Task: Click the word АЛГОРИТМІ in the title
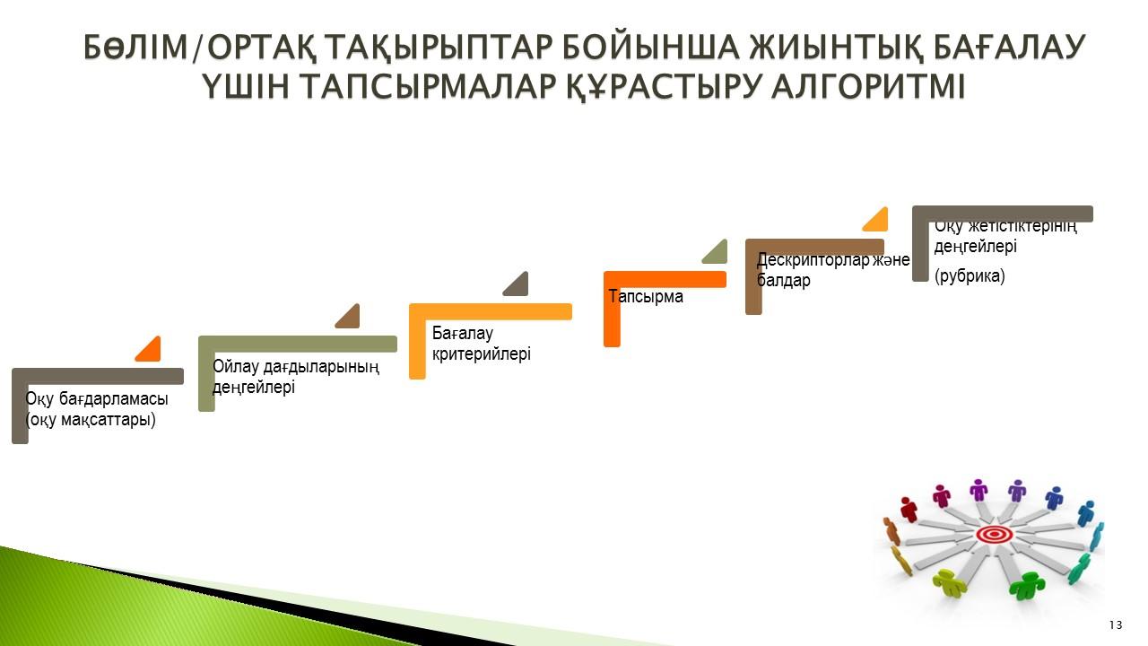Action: pos(868,85)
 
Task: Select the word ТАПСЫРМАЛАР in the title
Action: pos(429,85)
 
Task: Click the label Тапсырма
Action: pos(646,296)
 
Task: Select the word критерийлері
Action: pos(482,354)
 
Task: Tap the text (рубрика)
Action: pos(970,275)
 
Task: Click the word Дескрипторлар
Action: pos(813,260)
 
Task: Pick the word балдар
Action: pos(784,281)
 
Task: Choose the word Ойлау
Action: pos(235,367)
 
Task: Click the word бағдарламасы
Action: pos(113,399)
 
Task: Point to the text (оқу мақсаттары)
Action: pos(91,420)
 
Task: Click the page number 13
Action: pos(1115,625)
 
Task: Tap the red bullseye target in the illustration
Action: pos(995,535)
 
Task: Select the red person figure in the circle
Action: pos(909,509)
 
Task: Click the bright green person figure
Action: pos(1027,585)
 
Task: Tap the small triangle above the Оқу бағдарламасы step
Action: pos(150,351)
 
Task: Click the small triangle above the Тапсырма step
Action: pos(717,253)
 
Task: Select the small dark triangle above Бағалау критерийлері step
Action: pos(517,285)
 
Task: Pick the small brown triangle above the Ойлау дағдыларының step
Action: pos(350,318)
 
